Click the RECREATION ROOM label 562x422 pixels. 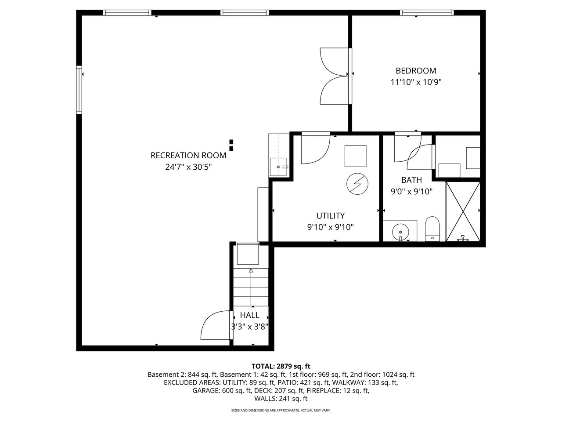188,155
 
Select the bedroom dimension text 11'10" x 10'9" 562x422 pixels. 416,82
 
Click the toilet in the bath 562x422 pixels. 432,229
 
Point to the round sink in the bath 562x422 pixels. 400,230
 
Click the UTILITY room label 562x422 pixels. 330,215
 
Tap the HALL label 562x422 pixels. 249,315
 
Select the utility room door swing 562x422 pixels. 315,149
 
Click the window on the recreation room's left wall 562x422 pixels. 79,90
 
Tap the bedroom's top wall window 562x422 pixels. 427,13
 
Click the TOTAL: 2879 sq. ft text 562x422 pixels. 281,366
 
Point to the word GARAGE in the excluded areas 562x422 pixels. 206,390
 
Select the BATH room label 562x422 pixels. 411,180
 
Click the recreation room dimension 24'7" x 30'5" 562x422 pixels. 188,167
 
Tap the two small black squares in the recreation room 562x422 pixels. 231,145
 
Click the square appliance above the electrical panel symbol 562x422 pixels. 355,156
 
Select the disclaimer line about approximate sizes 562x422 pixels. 281,411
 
